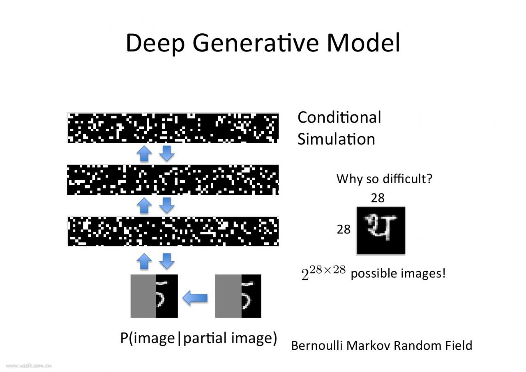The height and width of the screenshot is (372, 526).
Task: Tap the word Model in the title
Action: tap(363, 43)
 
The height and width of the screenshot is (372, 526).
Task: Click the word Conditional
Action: tap(339, 117)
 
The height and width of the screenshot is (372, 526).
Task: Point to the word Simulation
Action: tap(336, 139)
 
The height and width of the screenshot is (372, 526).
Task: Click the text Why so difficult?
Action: tap(384, 179)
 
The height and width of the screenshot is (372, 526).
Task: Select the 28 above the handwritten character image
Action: tap(378, 198)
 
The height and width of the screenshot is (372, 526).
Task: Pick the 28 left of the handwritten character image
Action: tap(344, 229)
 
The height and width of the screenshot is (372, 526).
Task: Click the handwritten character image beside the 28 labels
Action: tap(381, 230)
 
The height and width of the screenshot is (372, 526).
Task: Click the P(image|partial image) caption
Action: tap(198, 338)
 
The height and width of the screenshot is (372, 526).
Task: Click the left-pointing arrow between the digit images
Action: tap(195, 297)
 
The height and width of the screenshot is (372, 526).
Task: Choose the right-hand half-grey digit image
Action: tap(238, 296)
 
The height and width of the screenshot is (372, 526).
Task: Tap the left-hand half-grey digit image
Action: tap(154, 296)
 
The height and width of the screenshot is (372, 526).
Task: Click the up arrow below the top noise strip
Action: tap(144, 154)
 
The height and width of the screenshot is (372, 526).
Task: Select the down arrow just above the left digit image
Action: tap(166, 261)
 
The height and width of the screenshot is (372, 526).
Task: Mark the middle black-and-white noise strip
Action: tap(173, 180)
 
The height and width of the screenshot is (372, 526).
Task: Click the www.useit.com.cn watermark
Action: tap(29, 365)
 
